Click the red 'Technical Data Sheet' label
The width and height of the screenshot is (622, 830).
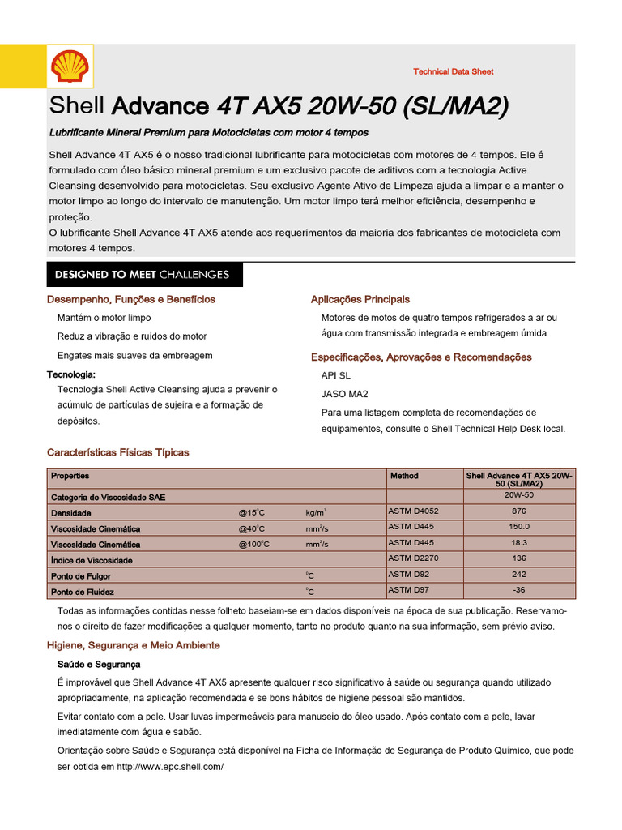point(453,72)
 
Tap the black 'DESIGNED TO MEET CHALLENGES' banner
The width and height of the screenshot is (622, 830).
point(143,275)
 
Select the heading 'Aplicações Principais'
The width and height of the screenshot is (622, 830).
point(360,300)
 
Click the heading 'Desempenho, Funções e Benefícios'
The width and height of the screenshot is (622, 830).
point(131,300)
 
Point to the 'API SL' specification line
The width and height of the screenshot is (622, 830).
point(336,376)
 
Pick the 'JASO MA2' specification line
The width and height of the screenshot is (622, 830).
point(345,395)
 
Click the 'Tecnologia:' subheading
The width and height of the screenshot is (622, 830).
point(71,374)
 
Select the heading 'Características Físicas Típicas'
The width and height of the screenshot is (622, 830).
point(118,452)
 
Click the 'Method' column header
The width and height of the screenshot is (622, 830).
point(404,476)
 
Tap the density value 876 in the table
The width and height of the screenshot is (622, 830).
point(519,511)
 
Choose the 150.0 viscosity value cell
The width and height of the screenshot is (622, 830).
point(519,527)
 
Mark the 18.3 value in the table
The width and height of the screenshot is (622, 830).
point(519,543)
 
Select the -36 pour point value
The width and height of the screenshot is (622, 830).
point(519,590)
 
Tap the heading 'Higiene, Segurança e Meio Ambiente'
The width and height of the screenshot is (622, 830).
point(134,645)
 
